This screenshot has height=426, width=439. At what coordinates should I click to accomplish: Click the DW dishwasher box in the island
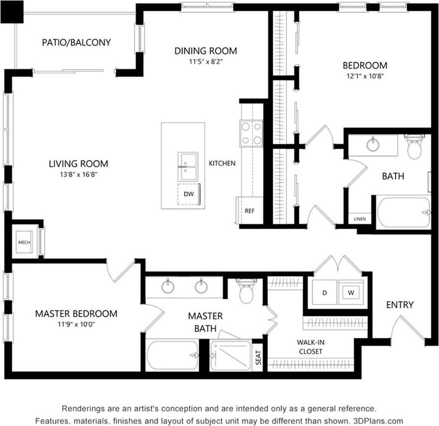189,194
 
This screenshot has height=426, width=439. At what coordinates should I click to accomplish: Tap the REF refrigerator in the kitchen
249,210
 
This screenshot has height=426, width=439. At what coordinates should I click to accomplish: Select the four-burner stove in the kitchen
251,133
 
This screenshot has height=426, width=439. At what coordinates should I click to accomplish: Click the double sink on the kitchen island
188,166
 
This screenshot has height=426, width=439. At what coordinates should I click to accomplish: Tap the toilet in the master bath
247,292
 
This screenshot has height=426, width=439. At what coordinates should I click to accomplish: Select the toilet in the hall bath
415,146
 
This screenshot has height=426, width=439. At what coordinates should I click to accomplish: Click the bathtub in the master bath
171,355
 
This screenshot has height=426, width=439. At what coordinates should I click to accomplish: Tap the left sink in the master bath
167,287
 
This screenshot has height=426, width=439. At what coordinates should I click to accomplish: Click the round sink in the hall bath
373,145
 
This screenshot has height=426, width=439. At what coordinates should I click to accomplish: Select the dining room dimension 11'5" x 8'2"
205,62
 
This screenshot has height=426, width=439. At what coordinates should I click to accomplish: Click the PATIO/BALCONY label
76,42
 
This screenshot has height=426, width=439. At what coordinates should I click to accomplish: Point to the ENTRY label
400,305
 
